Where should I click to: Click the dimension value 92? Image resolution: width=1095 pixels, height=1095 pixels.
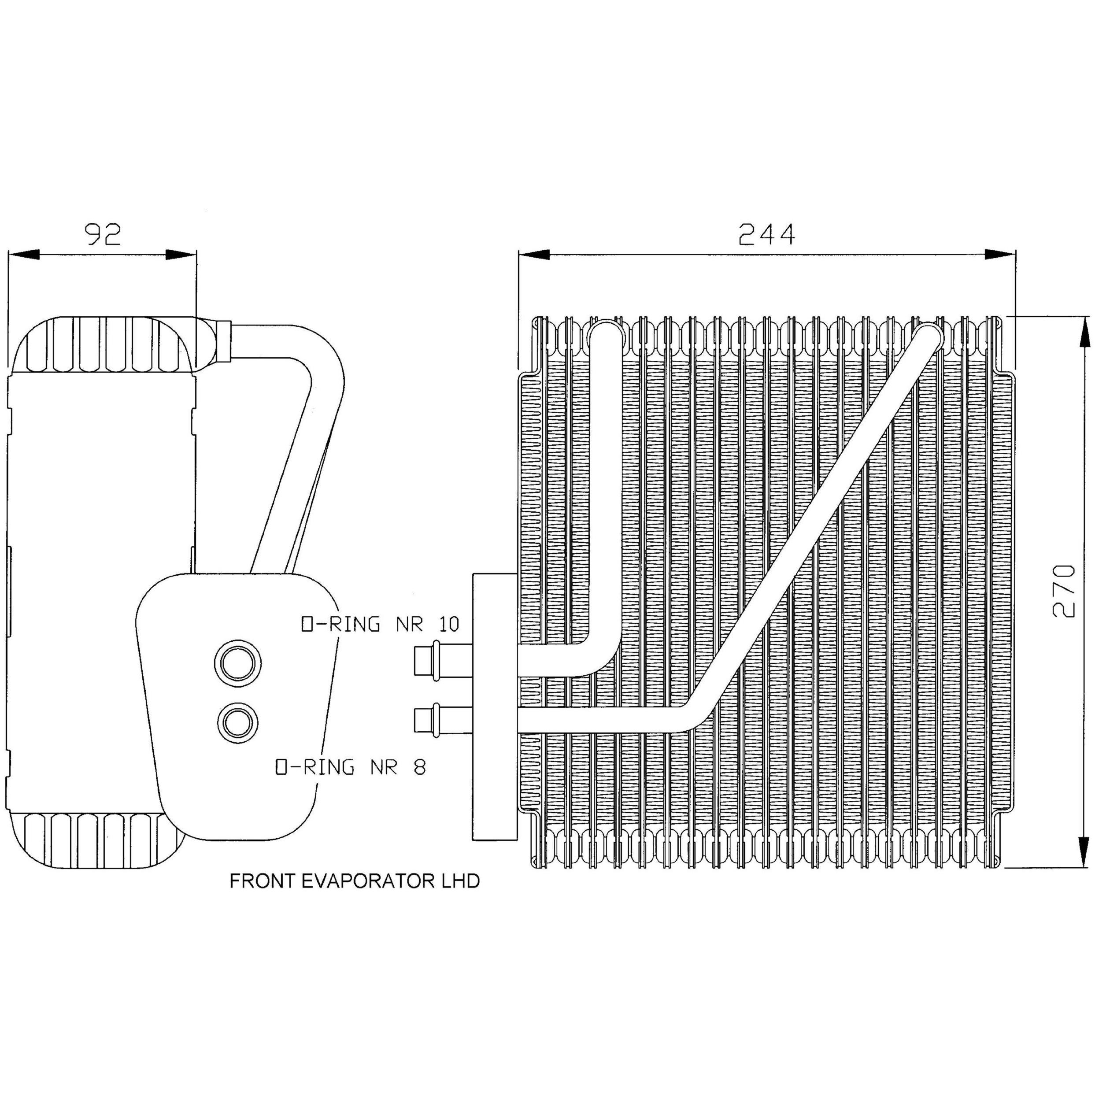(103, 234)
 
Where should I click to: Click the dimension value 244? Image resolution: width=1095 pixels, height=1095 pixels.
(767, 234)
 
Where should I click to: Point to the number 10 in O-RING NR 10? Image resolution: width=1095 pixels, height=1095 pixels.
(448, 624)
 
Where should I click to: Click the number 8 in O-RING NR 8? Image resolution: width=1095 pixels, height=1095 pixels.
(419, 767)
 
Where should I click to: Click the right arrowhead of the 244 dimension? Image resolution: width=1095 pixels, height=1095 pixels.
(1000, 255)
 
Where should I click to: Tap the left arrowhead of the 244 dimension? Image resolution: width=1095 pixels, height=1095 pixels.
(534, 255)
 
